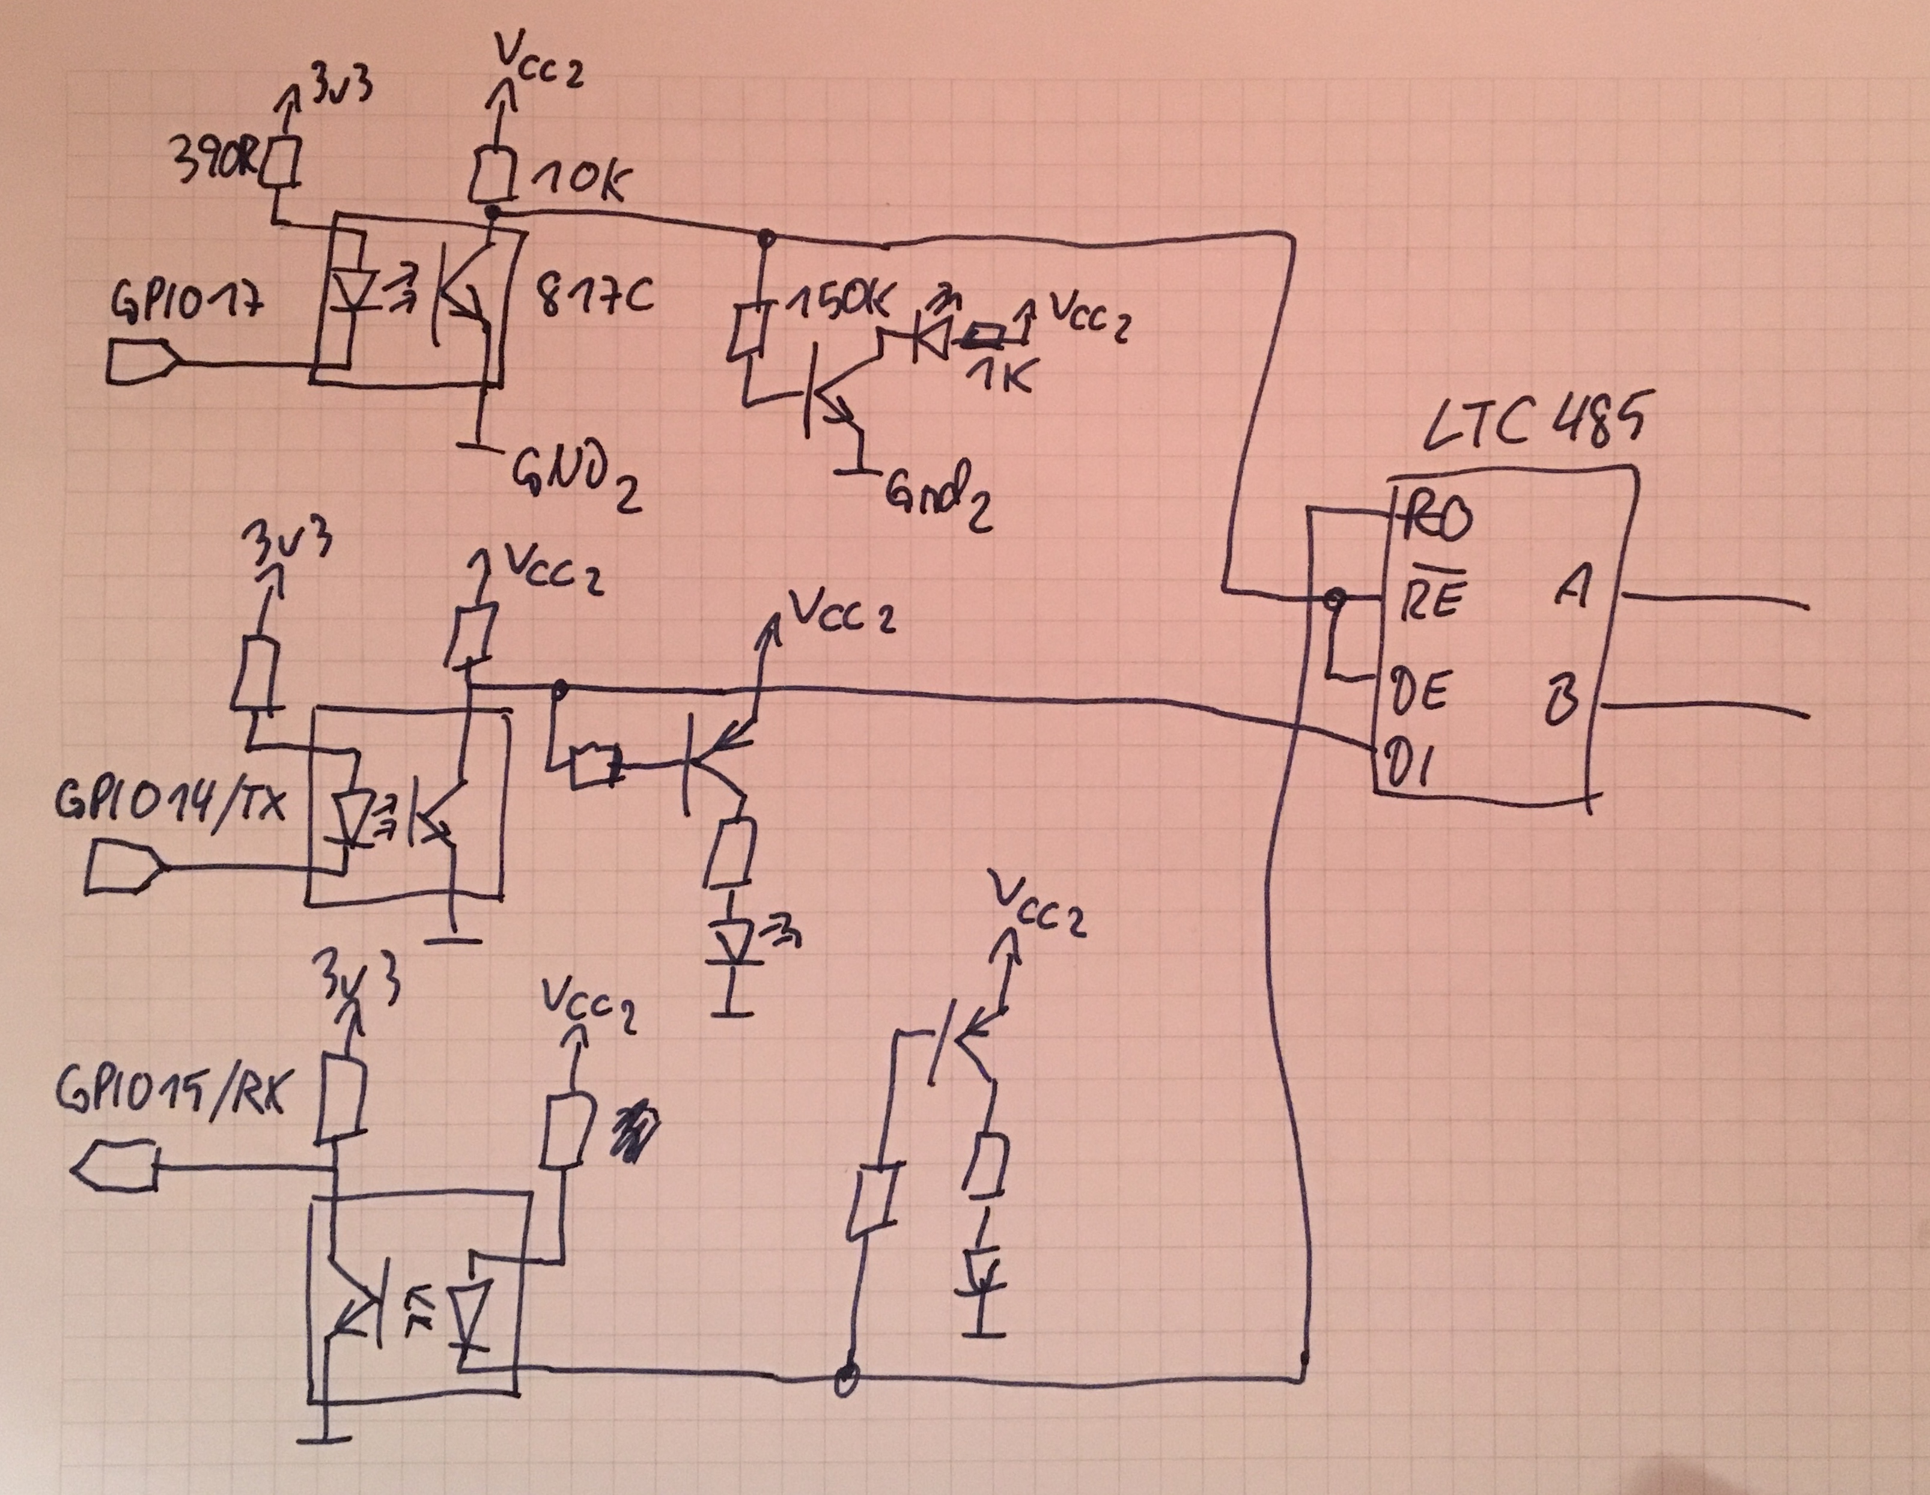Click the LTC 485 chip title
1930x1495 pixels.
click(x=1536, y=422)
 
